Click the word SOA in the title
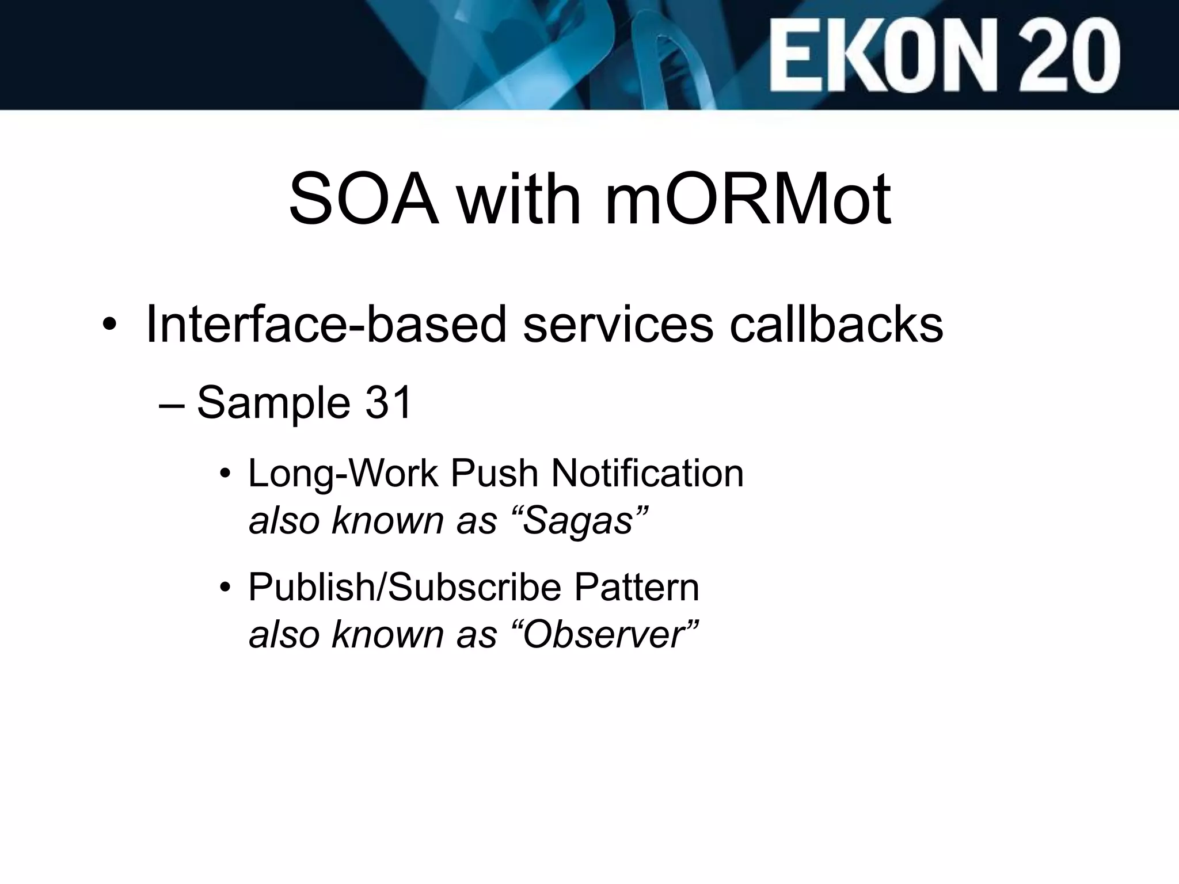[x=363, y=199]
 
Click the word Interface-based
[x=326, y=324]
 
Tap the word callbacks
[x=836, y=324]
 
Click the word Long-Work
[x=343, y=474]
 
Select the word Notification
[x=648, y=474]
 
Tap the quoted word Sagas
[x=579, y=521]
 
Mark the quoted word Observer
[x=604, y=635]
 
